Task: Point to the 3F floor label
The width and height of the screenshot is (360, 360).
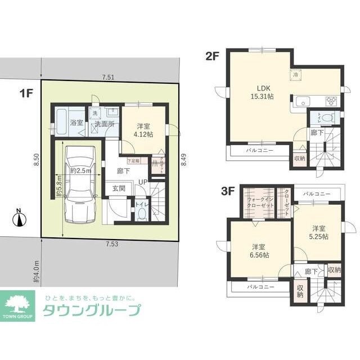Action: [227, 191]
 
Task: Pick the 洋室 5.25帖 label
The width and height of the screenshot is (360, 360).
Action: [319, 232]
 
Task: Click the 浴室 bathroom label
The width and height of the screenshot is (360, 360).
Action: [76, 123]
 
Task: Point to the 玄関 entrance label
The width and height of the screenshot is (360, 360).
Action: [118, 188]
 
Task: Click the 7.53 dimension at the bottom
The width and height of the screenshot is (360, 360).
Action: [110, 244]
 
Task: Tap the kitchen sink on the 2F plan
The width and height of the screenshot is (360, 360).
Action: [301, 102]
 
